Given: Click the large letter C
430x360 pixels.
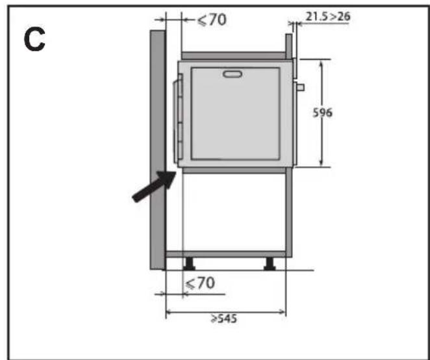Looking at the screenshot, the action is (x=34, y=39).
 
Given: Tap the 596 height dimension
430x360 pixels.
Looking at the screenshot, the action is (x=322, y=112).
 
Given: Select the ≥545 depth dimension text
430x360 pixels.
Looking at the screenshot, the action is (x=224, y=319).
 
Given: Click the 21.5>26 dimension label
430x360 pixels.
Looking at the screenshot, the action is (x=328, y=17).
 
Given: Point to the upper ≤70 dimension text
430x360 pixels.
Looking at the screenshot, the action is (x=212, y=19).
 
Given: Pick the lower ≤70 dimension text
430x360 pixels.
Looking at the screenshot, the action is (x=200, y=283).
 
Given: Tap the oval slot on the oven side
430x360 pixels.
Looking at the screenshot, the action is (x=233, y=74).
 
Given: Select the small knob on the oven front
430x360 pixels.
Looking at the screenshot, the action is (x=300, y=88).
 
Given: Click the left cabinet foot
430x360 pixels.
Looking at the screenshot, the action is (x=189, y=264).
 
